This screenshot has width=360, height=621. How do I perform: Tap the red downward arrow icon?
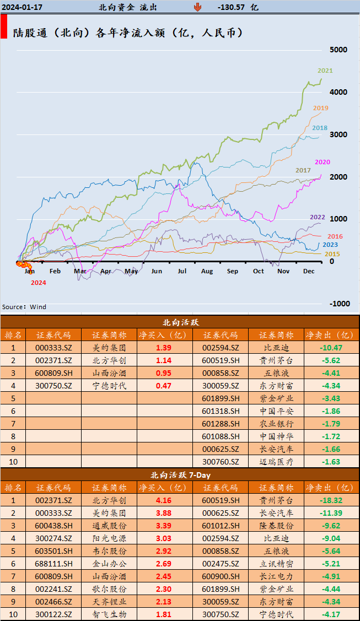(197, 7)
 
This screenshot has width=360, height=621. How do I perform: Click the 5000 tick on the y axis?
(338, 50)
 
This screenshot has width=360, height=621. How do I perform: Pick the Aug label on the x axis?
(207, 271)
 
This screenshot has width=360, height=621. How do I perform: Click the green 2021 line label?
(325, 71)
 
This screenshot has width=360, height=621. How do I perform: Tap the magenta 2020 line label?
(323, 162)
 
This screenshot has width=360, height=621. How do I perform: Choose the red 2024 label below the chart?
(38, 283)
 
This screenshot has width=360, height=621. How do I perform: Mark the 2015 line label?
(332, 254)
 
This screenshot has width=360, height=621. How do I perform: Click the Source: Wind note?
(24, 307)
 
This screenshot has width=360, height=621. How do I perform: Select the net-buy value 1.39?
(164, 348)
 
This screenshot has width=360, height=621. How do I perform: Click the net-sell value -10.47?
(331, 348)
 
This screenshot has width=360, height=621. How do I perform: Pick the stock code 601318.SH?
(221, 411)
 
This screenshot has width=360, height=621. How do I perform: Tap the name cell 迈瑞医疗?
(276, 462)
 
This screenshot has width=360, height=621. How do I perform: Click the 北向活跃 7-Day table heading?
(180, 474)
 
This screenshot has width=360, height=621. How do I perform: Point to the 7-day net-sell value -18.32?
(331, 500)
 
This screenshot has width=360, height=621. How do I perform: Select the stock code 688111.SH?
(53, 564)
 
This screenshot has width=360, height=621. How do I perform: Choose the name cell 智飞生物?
(109, 614)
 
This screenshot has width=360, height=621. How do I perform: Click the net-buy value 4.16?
(164, 500)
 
